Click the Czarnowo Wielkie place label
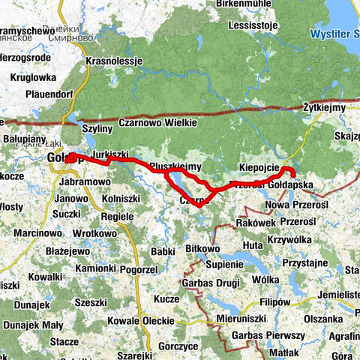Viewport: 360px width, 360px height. tap(156, 122)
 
